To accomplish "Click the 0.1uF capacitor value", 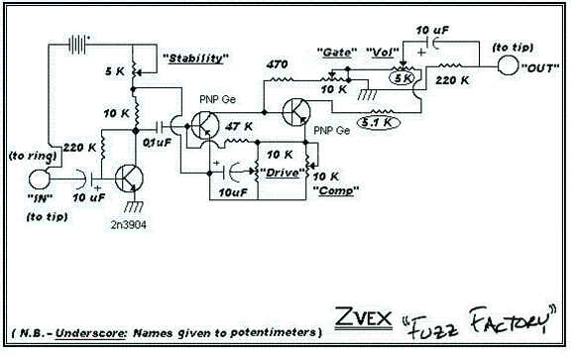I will [156, 145].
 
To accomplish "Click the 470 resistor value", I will [279, 64].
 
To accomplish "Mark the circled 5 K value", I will [403, 76].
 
